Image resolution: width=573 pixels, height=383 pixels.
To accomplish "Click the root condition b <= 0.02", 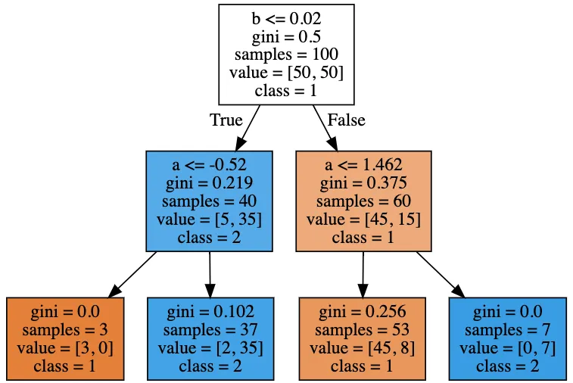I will coord(286,18).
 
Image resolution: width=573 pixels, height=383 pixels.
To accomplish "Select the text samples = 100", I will coord(286,54).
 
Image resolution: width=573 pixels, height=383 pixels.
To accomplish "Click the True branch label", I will coord(226,120).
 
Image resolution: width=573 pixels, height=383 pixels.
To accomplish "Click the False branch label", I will coord(346,120).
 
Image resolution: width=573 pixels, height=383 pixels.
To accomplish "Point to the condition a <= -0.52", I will coord(209,165).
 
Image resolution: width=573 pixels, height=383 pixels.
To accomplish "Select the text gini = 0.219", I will coord(209,183).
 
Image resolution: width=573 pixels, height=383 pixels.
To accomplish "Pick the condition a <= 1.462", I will coord(363,165).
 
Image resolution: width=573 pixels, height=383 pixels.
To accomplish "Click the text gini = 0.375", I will coord(363,183).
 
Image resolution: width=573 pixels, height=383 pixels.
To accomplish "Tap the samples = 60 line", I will coord(363,201).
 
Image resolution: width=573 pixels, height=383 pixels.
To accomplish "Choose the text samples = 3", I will coord(64,330).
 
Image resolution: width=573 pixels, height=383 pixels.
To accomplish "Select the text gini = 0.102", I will coord(210,312).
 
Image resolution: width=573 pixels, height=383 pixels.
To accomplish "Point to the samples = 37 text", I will coord(210,330).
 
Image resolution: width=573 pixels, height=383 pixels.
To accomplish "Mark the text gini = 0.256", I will coord(362,312).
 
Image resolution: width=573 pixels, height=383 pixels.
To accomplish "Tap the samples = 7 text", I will coord(507,330).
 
